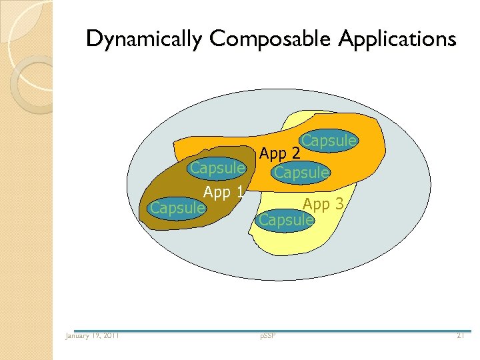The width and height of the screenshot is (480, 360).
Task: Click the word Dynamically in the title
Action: coord(143,39)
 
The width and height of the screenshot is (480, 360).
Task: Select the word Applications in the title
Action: coord(397,39)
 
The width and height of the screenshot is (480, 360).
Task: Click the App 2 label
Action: coord(280,154)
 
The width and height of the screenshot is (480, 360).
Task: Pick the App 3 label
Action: coord(323,204)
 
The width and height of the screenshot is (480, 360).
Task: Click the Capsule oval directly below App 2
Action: coord(301,173)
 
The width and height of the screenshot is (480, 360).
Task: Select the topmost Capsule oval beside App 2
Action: coord(329,141)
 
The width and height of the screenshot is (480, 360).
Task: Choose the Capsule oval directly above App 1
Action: coord(217,169)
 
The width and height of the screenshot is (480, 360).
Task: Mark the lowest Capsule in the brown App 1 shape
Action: coord(177,208)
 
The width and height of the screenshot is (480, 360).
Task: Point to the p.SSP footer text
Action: coord(269,335)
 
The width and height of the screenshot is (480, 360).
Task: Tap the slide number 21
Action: coord(460,335)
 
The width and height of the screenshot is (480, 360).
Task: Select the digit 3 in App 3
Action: coord(339,204)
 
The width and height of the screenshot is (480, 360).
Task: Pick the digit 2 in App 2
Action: coord(295,154)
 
